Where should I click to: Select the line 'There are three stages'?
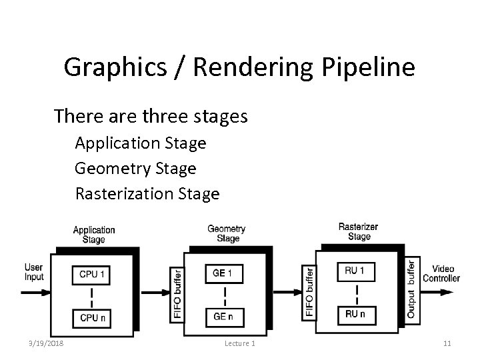click(x=151, y=117)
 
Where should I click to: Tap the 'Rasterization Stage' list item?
click(x=147, y=194)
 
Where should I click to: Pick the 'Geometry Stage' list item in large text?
click(x=135, y=169)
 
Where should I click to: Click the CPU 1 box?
click(x=92, y=274)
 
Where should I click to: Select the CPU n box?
click(x=92, y=318)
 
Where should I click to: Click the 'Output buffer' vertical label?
click(x=411, y=288)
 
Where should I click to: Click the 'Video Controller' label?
click(x=441, y=273)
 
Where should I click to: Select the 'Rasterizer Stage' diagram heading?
click(x=359, y=231)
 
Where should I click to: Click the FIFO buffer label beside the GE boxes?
click(x=177, y=294)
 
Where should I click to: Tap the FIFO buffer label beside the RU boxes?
click(x=310, y=291)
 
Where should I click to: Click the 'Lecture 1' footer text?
click(x=239, y=343)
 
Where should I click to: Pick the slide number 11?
click(x=447, y=343)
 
